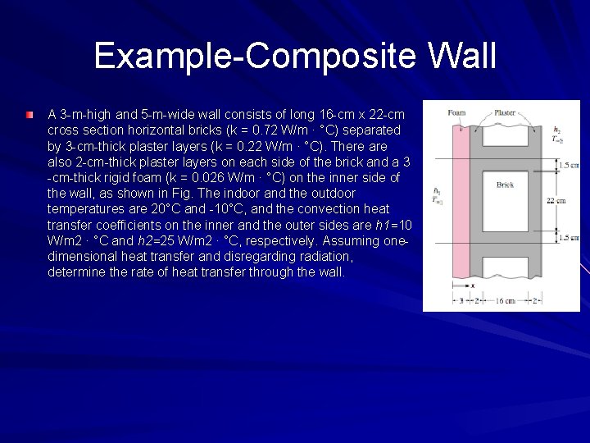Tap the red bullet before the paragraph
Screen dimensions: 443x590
click(30, 114)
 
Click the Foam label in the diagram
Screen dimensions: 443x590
click(457, 112)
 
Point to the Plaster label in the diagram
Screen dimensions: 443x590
click(506, 112)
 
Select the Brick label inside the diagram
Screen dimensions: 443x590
click(506, 185)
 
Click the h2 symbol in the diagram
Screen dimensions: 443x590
click(557, 130)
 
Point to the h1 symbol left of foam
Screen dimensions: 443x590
click(437, 192)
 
